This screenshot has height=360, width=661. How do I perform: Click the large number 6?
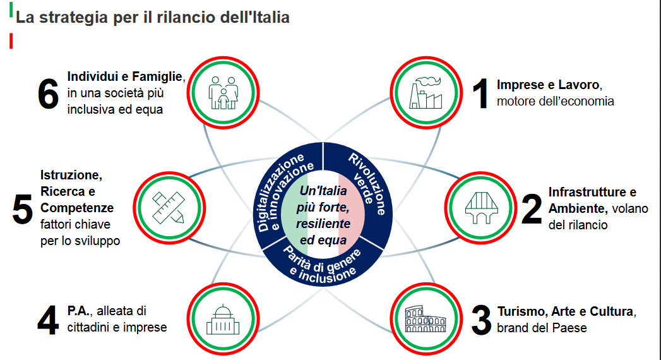pos(48,93)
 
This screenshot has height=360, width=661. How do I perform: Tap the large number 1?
pos(480,93)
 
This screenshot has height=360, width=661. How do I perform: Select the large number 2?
pos(532,208)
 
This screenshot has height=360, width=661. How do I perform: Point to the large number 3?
pos(481,320)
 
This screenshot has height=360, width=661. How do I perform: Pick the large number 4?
pos(48,320)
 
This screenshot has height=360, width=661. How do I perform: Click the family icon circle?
pos(223,93)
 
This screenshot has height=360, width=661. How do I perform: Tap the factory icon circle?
pos(426,93)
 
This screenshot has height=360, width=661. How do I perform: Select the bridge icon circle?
pos(481,208)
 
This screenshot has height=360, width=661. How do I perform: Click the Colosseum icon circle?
pos(426,319)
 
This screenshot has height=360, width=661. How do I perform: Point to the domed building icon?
pos(223,320)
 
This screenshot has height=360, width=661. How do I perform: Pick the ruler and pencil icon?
pos(169,207)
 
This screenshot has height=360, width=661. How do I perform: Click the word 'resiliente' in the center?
pos(323,224)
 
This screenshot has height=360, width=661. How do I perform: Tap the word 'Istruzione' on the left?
pos(71,175)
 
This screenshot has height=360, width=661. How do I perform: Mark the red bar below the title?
pos(11,41)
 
